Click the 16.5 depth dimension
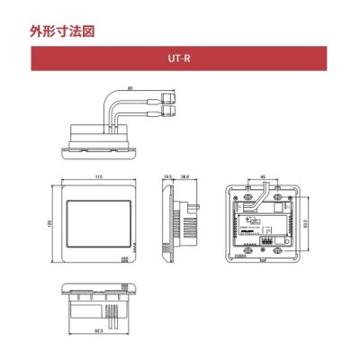click(167, 178)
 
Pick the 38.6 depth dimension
click(184, 178)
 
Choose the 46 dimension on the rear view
click(261, 178)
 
